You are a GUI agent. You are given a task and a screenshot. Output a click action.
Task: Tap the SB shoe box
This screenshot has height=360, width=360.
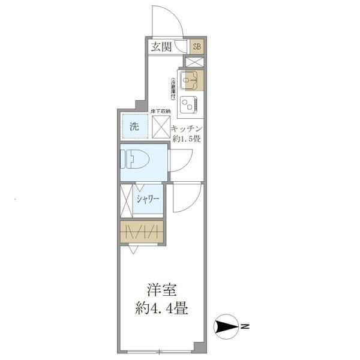[x=197, y=47]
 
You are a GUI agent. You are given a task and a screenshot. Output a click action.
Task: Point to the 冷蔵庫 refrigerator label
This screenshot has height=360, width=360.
[x=173, y=89]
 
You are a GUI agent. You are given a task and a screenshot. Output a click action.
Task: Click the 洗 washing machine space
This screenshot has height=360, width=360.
[x=133, y=127]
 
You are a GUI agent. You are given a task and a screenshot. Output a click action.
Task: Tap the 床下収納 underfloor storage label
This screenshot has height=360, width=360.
[x=160, y=112]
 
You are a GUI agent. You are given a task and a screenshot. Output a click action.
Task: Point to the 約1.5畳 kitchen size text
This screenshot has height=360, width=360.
[x=187, y=139]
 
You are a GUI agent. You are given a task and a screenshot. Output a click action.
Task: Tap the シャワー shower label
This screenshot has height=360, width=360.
[x=147, y=200]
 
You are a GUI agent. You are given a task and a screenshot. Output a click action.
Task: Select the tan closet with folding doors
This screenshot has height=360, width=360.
[x=141, y=232]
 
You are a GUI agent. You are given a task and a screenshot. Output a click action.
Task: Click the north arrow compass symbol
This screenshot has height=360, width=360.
[x=227, y=327]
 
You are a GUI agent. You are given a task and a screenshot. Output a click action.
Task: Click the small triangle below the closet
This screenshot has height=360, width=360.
[x=132, y=246]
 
